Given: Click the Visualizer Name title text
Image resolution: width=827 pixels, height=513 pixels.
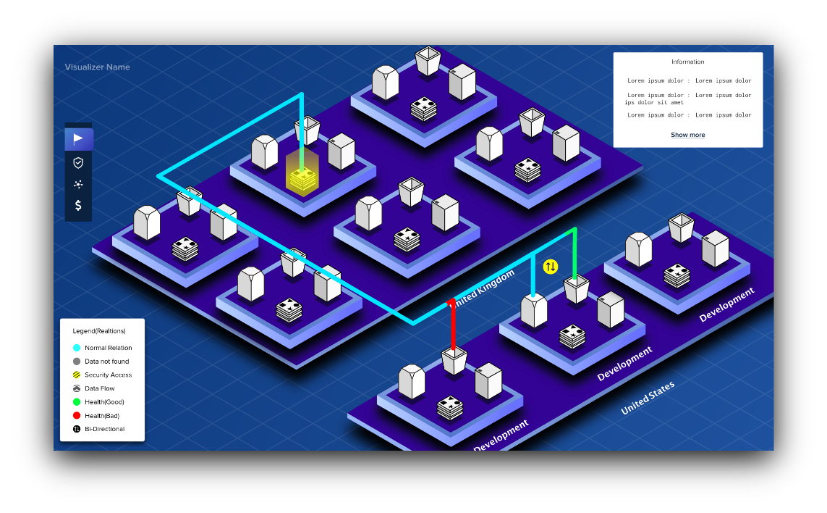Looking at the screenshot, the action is [x=97, y=67].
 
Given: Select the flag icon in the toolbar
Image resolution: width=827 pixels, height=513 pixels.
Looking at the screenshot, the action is [x=78, y=139].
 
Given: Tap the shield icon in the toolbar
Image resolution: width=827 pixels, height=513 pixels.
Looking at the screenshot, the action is [x=78, y=163].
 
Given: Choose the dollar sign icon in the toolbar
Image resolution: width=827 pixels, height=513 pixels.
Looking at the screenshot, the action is [x=78, y=205].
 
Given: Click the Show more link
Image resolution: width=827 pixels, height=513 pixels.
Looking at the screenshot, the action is [x=688, y=135].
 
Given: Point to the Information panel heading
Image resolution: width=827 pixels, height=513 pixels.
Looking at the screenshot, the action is [x=688, y=62].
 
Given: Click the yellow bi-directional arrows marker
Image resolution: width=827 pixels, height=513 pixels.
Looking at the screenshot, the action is [x=550, y=267].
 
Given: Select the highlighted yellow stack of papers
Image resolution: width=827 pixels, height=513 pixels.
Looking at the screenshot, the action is [x=302, y=178].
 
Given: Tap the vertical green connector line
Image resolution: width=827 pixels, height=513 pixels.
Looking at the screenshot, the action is [x=575, y=254].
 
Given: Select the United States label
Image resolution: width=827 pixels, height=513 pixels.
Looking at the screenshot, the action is [x=648, y=398].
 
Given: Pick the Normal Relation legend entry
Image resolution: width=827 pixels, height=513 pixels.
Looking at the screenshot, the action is [x=102, y=348].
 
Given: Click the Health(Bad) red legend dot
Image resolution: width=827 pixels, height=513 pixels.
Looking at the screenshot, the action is [x=77, y=416].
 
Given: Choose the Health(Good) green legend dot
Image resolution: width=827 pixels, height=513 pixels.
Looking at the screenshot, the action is [x=77, y=402].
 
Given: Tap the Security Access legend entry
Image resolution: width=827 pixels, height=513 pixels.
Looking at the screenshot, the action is [x=102, y=375].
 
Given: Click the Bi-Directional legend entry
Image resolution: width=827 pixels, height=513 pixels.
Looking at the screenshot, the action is [x=98, y=429].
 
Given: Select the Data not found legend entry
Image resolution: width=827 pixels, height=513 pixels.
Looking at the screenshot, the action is [x=101, y=362].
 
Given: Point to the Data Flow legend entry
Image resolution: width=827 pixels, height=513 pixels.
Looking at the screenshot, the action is [x=93, y=388].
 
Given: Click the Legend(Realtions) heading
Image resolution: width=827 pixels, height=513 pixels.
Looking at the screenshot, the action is [x=99, y=331].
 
